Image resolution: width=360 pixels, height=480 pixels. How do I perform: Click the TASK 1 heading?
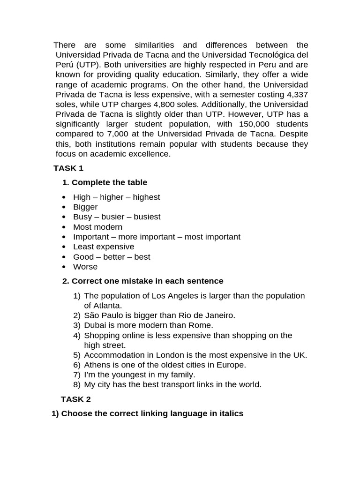pos(68,168)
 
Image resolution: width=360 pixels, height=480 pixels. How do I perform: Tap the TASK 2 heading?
pos(75,399)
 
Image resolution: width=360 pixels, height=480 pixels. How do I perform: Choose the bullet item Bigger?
pos(85,207)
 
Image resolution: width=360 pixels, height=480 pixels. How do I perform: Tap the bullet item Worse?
pos(85,267)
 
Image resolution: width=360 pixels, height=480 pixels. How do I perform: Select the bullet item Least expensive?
pos(104,247)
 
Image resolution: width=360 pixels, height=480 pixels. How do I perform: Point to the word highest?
pos(146,197)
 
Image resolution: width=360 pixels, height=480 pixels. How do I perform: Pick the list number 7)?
pos(77,375)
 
